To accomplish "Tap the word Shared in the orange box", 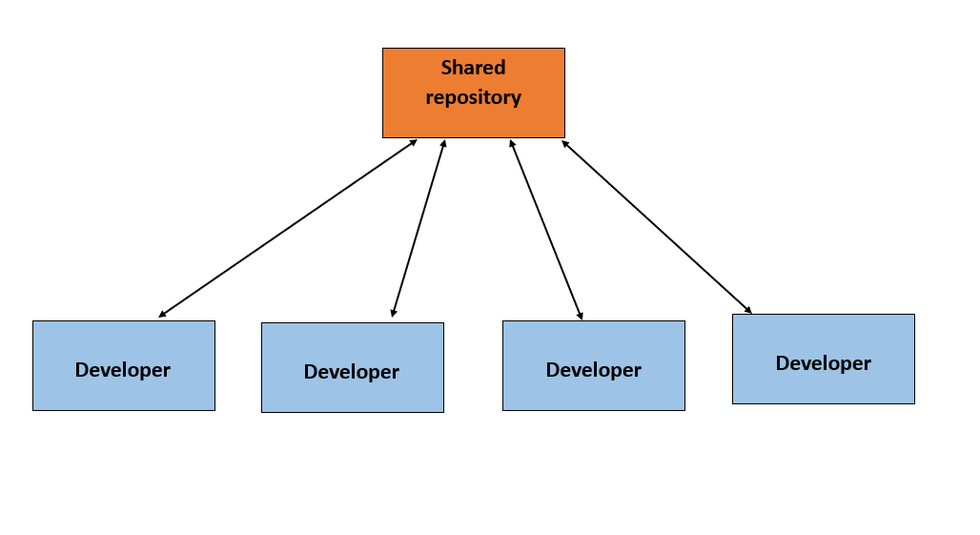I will pos(473,68).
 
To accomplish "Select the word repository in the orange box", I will pos(473,97).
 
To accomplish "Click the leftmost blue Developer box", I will pos(123,365).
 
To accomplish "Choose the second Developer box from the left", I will pos(352,367).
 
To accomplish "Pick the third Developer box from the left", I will pos(593,365).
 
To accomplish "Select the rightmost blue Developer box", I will pos(823,359).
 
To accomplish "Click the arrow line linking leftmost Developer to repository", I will pos(288,228).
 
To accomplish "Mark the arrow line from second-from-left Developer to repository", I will pos(419,228).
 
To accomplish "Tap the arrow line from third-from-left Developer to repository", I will pos(545,229).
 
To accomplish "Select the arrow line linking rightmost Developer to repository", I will pos(656,226).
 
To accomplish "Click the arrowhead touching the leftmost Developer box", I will pos(162,314).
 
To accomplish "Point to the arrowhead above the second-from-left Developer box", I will pos(393,313).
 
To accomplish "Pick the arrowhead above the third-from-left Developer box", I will pos(580,315).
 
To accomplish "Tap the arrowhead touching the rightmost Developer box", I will pos(748,310).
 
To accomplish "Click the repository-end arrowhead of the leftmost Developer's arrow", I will pos(414,142).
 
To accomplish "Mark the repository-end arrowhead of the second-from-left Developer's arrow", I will pos(443,144).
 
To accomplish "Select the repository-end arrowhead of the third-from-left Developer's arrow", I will pos(512,144).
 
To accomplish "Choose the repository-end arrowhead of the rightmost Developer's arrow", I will pos(564,143).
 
